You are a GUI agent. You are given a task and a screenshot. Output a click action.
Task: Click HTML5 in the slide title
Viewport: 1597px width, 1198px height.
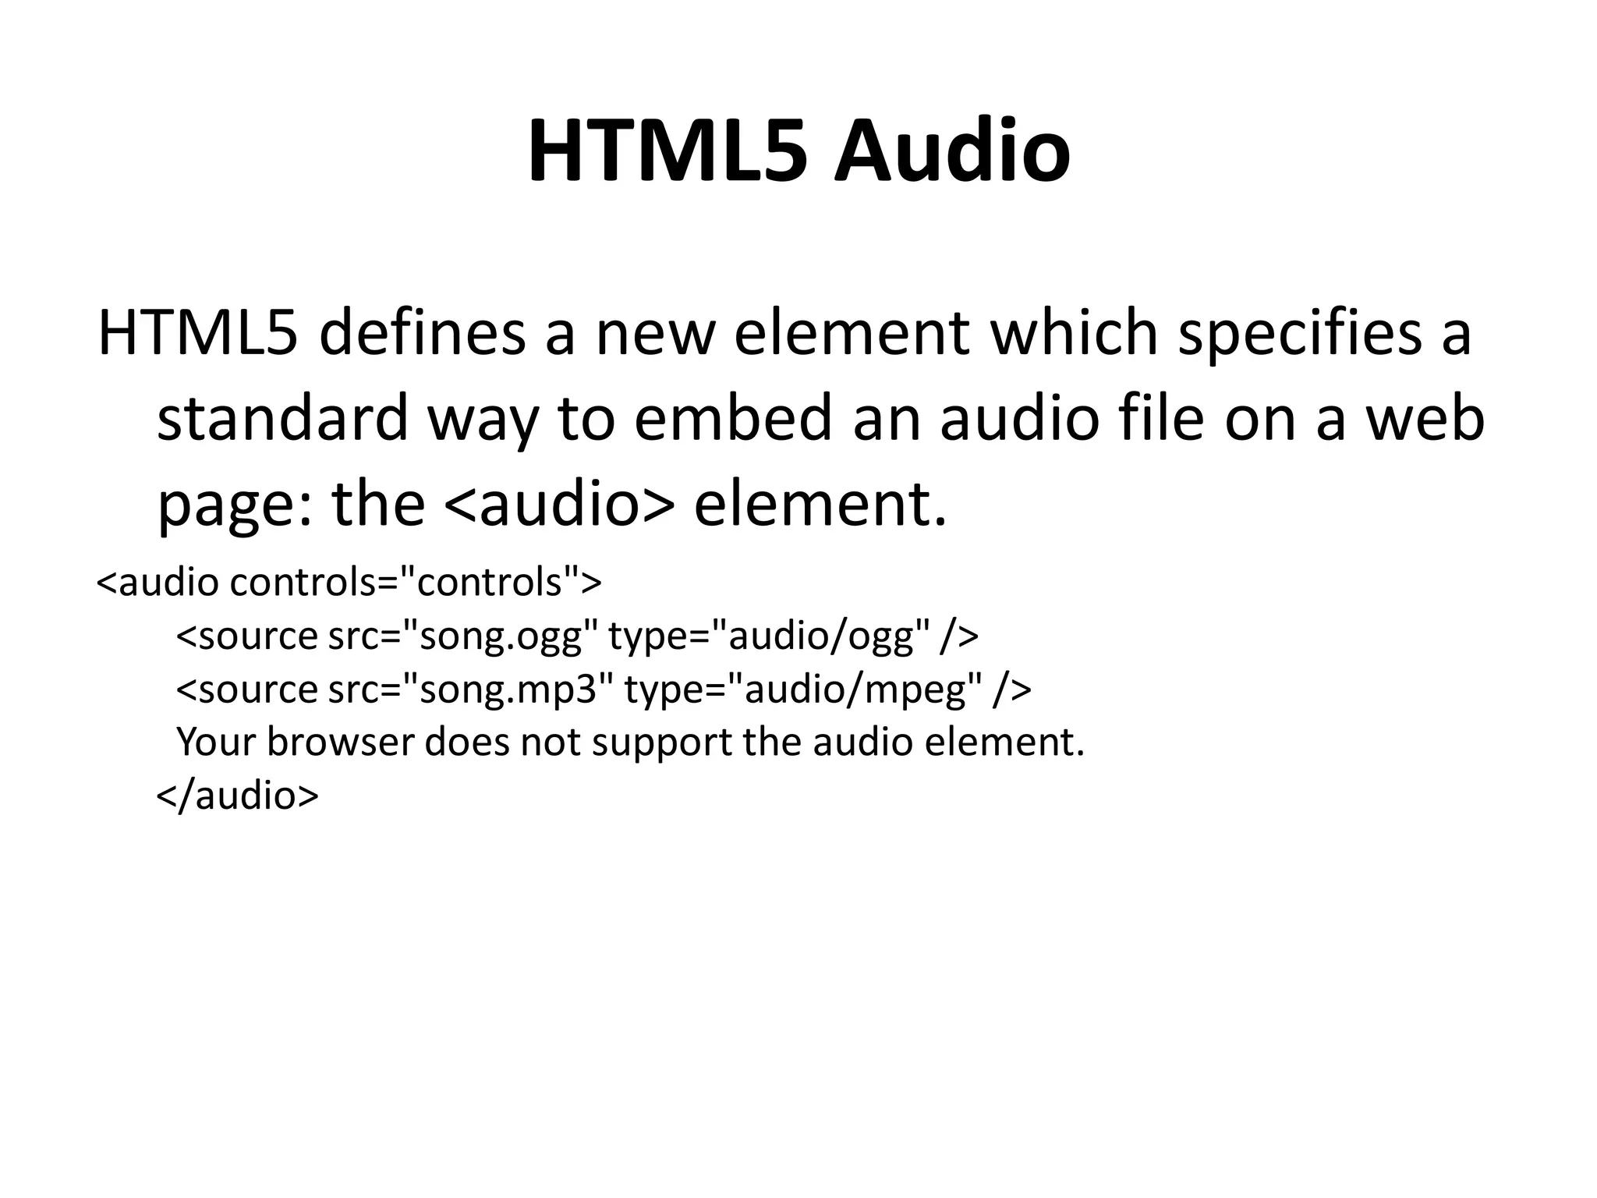(667, 151)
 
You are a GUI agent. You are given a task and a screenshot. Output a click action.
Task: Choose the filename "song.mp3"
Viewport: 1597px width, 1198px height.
(508, 689)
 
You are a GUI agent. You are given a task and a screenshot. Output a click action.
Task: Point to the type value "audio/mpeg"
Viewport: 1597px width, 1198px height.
(862, 689)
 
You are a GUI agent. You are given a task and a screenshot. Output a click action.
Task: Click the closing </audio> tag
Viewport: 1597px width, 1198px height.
(237, 795)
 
